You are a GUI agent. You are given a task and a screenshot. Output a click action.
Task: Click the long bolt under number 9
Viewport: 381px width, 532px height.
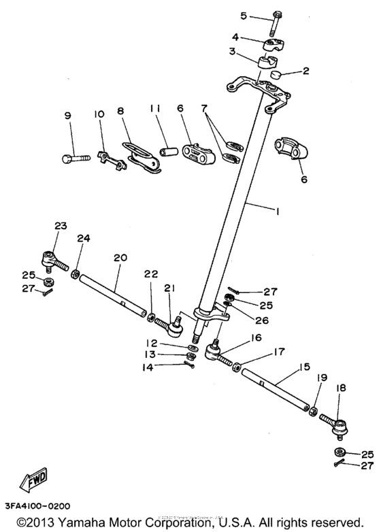coord(74,159)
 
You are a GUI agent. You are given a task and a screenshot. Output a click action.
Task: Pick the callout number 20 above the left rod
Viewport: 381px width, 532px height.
coord(120,258)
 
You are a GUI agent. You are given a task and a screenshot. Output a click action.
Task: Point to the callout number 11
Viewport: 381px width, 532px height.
coord(154,108)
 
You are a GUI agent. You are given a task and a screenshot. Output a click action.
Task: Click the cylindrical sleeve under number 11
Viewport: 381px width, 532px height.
coord(166,146)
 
